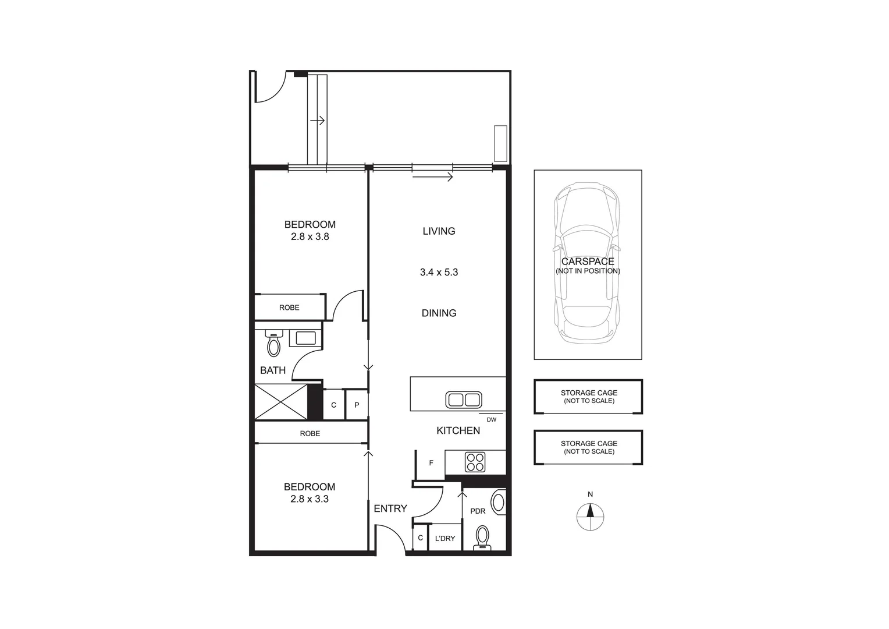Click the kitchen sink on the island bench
point(463,400)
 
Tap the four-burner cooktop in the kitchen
point(475,462)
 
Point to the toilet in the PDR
point(482,538)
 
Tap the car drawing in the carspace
point(587,263)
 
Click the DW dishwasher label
point(491,419)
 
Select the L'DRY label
point(445,539)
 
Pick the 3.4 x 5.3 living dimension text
point(439,272)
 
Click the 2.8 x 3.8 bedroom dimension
point(310,237)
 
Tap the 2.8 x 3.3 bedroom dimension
point(310,499)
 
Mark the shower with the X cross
point(281,401)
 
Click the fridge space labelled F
point(431,463)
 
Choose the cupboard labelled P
point(357,405)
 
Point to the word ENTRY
point(390,508)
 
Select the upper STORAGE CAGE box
point(588,397)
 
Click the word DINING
point(439,313)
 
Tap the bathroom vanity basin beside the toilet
point(305,338)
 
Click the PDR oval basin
point(499,502)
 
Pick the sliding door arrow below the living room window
point(432,177)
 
